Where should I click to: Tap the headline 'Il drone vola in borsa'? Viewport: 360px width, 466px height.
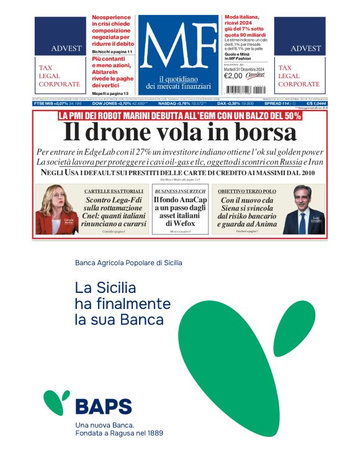pyautogui.click(x=180, y=132)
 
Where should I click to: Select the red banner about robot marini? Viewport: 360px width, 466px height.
pyautogui.click(x=180, y=115)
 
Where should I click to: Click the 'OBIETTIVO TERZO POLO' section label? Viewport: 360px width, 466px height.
pyautogui.click(x=246, y=190)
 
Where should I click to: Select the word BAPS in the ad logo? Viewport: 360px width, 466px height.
pyautogui.click(x=103, y=406)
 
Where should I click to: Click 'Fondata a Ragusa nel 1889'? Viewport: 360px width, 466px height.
pyautogui.click(x=119, y=432)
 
